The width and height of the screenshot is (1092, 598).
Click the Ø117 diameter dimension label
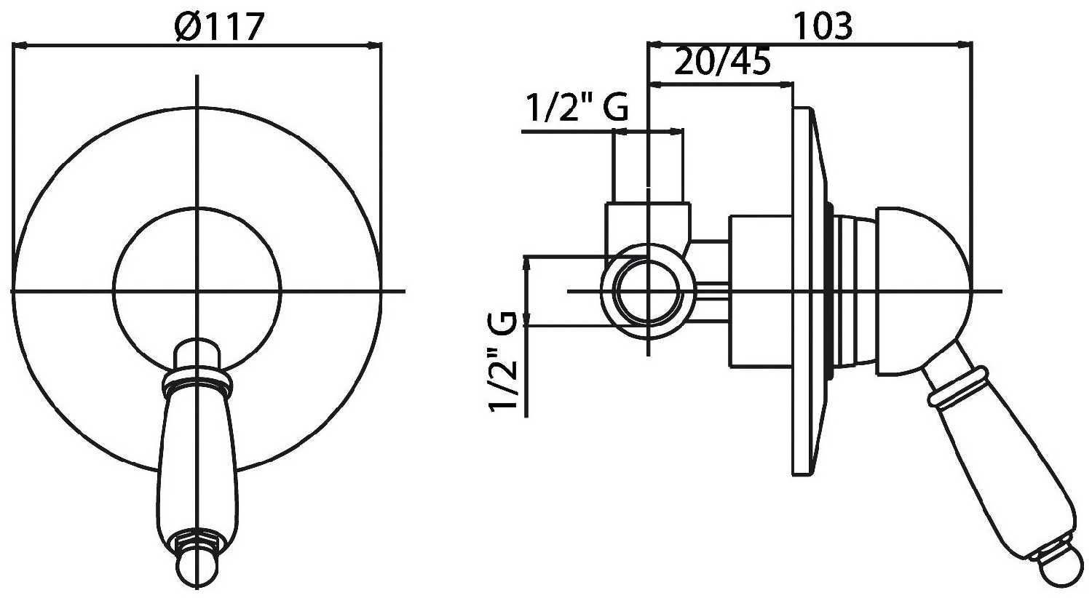click(219, 27)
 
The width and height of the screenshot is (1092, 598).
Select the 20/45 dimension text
click(722, 61)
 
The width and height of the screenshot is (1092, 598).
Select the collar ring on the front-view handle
click(197, 380)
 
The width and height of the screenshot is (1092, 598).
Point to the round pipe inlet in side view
click(648, 291)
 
